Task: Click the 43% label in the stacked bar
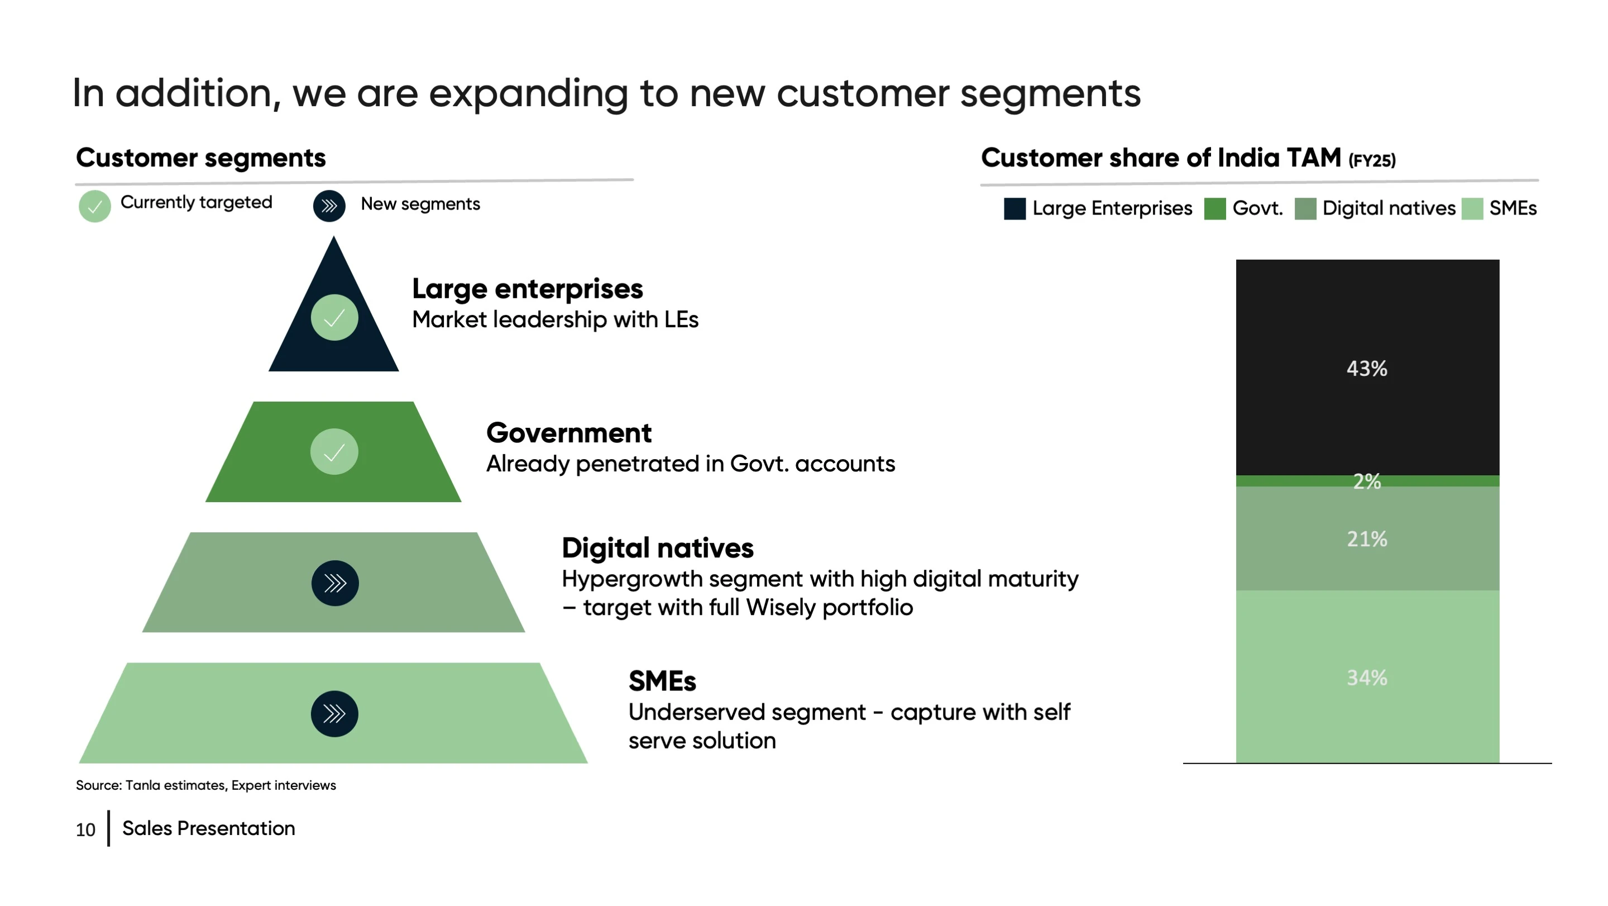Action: [x=1366, y=369]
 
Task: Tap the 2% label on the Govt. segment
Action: [x=1366, y=481]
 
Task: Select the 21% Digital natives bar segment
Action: [x=1367, y=538]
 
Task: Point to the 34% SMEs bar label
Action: [x=1366, y=678]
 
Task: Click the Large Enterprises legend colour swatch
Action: [x=1014, y=208]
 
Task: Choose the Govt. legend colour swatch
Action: [x=1215, y=208]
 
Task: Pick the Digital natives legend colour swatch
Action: [x=1305, y=208]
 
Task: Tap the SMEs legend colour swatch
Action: [x=1472, y=208]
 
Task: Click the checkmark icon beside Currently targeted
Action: [x=95, y=206]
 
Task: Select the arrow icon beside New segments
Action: [x=329, y=206]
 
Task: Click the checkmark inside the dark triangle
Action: [x=334, y=317]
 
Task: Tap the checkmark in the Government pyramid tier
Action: [x=334, y=451]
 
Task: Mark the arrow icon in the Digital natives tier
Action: [x=335, y=583]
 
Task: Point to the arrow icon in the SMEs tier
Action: [x=334, y=714]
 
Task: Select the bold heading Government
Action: [x=569, y=433]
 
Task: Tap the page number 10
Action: [x=85, y=830]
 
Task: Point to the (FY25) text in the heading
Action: [x=1372, y=160]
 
